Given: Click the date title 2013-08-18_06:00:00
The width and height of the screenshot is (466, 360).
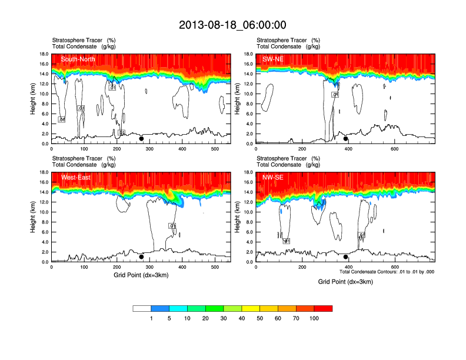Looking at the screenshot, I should coord(232,25).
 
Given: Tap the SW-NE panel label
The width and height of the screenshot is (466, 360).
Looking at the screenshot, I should coord(273,59).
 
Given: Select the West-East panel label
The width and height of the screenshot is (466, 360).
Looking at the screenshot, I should coord(74,177).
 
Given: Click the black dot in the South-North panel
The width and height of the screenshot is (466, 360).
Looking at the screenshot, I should coord(141,139).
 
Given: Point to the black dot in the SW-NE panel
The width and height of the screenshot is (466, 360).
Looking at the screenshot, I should coord(346,139).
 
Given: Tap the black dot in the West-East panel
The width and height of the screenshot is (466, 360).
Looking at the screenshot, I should coord(141,257).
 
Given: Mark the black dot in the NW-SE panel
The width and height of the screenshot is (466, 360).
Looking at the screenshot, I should coord(346,257).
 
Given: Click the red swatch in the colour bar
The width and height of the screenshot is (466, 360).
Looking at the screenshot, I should coord(323,308).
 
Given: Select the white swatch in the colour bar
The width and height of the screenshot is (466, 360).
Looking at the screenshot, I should coord(142,308).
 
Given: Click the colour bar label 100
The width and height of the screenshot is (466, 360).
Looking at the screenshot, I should coord(314,318).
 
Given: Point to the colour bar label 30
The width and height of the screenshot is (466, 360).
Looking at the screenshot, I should coord(224,318).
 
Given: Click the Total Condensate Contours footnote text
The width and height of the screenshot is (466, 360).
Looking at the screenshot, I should coord(387,272).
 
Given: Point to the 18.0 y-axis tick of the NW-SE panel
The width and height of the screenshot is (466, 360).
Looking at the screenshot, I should coord(248,172).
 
